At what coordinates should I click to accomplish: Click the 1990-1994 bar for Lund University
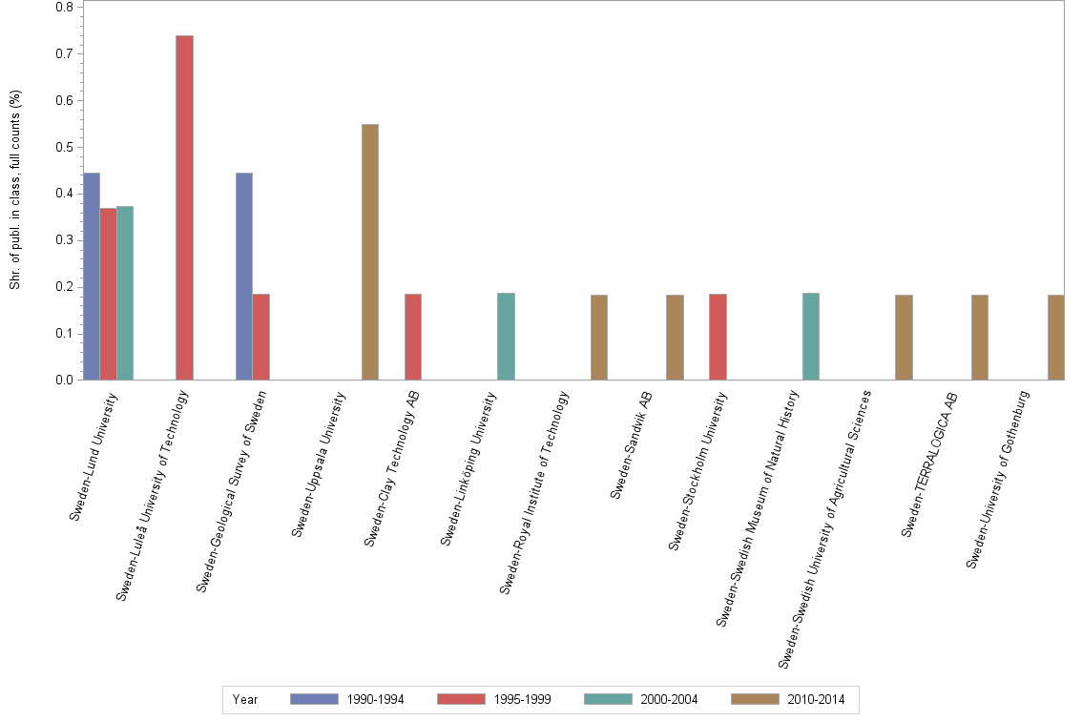click(92, 277)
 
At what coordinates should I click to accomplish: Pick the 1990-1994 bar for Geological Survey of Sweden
click(244, 277)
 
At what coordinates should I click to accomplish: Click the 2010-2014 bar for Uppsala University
click(370, 252)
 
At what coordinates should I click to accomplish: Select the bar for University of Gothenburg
click(1055, 338)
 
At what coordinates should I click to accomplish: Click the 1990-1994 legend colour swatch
click(314, 699)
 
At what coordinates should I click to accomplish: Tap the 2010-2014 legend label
click(816, 699)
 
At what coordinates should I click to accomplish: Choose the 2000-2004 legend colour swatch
click(608, 699)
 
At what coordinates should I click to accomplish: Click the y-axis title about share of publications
click(15, 190)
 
